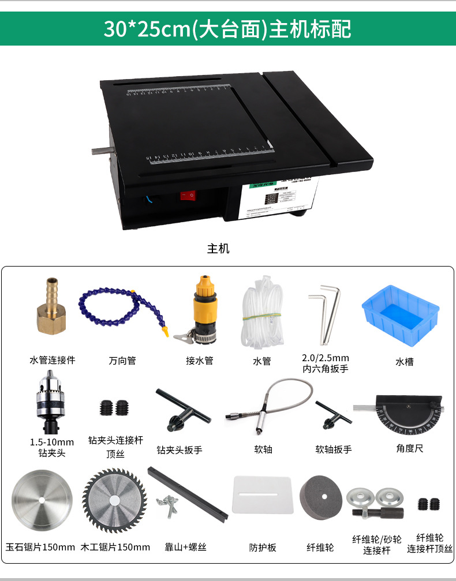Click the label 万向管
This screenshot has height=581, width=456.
pyautogui.click(x=122, y=361)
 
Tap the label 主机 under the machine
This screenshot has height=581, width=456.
pyautogui.click(x=218, y=249)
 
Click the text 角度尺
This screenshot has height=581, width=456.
pyautogui.click(x=409, y=448)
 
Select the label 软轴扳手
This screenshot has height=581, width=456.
pyautogui.click(x=333, y=449)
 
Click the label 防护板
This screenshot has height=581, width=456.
pyautogui.click(x=263, y=547)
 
